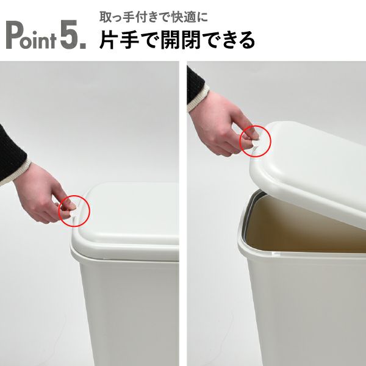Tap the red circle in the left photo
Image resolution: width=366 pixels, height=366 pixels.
[74, 211]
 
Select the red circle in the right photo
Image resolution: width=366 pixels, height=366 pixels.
[256, 141]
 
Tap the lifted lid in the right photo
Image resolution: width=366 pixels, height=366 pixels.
[311, 159]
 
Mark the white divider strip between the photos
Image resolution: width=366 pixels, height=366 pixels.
[183, 213]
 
